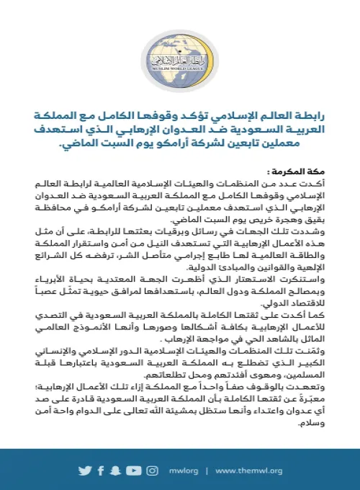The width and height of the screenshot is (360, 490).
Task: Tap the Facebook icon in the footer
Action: point(99,471)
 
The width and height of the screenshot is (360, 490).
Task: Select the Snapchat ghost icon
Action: point(116,471)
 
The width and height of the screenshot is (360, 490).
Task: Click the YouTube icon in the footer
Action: point(132,471)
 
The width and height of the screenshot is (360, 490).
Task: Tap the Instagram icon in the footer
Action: point(151,471)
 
